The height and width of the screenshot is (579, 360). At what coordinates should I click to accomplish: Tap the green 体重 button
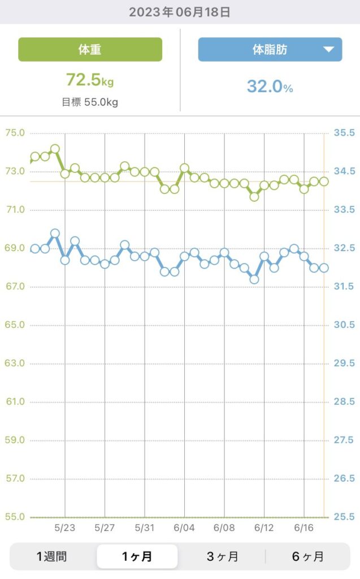[x=90, y=49]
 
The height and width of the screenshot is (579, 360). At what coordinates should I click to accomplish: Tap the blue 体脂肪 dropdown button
[x=270, y=49]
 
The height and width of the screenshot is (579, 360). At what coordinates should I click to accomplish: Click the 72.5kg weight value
[x=90, y=80]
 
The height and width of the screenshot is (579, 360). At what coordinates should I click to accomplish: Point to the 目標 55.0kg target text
[x=90, y=102]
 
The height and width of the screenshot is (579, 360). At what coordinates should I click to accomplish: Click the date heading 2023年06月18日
[x=180, y=12]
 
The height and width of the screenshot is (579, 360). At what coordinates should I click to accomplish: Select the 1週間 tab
[x=51, y=556]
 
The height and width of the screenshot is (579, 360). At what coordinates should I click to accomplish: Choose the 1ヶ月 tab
[x=137, y=556]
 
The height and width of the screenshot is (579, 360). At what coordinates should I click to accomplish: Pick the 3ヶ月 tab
[x=222, y=556]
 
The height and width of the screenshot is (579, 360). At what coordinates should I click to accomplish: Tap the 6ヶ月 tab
[x=307, y=556]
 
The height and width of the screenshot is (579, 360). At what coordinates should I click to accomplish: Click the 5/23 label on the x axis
[x=65, y=528]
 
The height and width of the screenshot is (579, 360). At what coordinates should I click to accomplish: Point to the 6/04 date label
[x=184, y=528]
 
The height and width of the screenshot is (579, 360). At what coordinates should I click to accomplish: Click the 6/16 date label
[x=304, y=528]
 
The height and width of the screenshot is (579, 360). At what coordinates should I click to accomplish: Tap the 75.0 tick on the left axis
[x=15, y=133]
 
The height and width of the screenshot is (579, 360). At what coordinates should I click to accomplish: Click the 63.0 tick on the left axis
[x=15, y=363]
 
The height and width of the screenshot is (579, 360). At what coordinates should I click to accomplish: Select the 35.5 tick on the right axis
[x=344, y=133]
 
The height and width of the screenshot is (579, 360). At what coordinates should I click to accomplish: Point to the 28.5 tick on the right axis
[x=344, y=401]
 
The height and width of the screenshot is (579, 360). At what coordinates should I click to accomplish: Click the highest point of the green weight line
[x=55, y=149]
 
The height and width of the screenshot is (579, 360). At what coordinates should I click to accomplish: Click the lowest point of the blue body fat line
[x=254, y=279]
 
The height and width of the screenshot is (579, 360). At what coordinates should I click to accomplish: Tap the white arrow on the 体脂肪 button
[x=329, y=50]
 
